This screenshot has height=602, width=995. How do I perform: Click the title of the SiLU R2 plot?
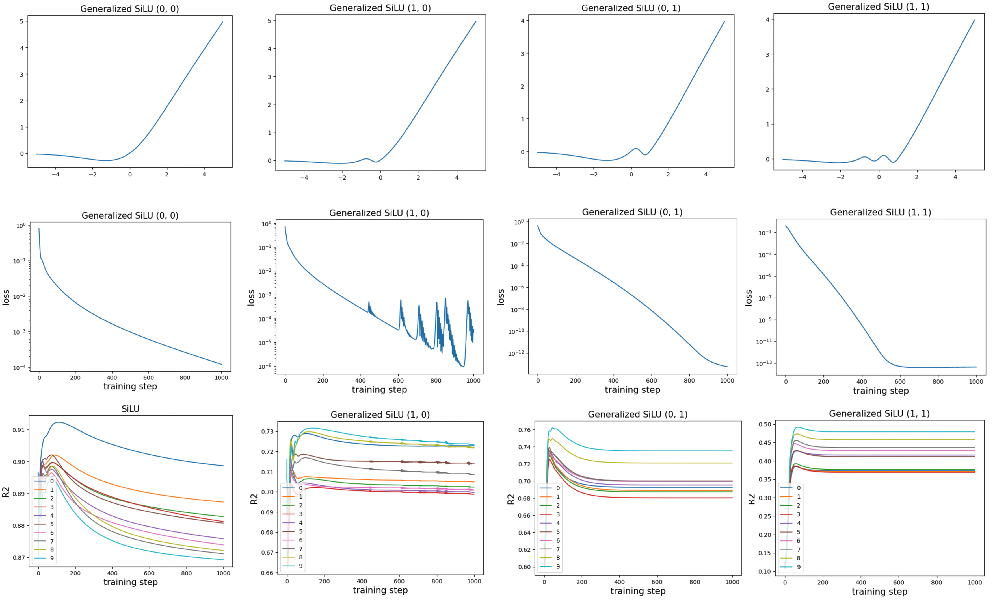[130, 409]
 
